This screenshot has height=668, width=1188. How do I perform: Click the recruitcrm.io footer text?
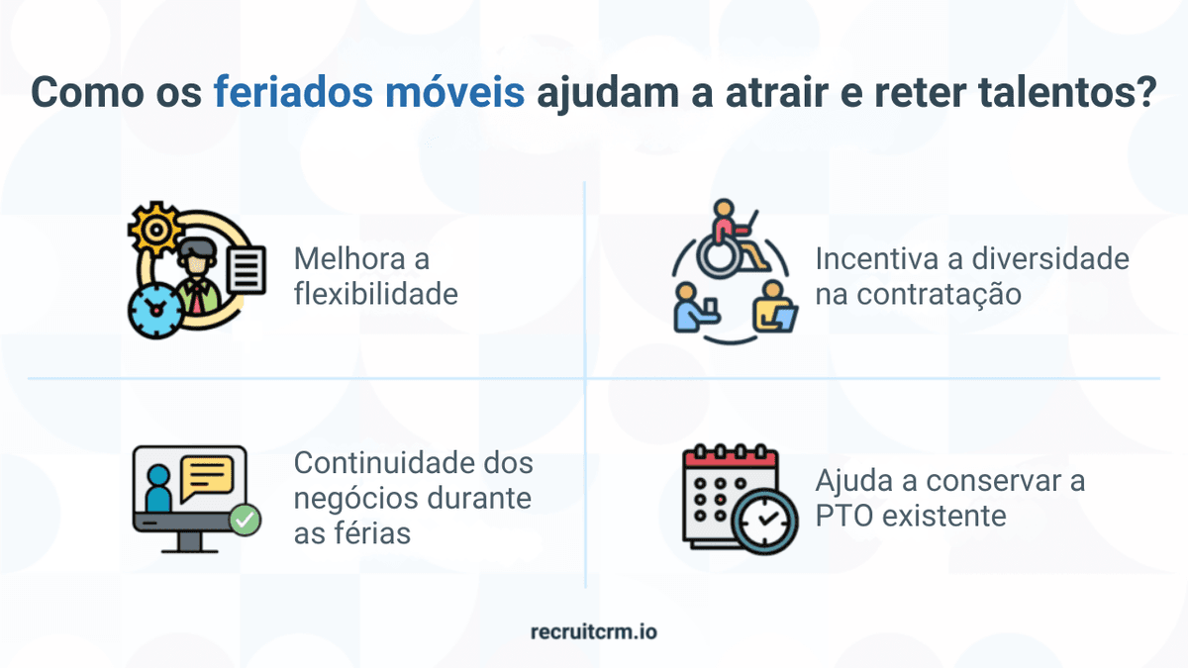pyautogui.click(x=593, y=630)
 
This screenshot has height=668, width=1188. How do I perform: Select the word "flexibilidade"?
pyautogui.click(x=376, y=294)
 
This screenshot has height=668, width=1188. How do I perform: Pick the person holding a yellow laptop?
pyautogui.click(x=772, y=307)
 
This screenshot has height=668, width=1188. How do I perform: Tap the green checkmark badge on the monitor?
pyautogui.click(x=244, y=519)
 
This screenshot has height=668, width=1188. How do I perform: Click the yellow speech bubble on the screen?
pyautogui.click(x=206, y=476)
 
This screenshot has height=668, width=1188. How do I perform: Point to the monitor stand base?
pyautogui.click(x=188, y=545)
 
